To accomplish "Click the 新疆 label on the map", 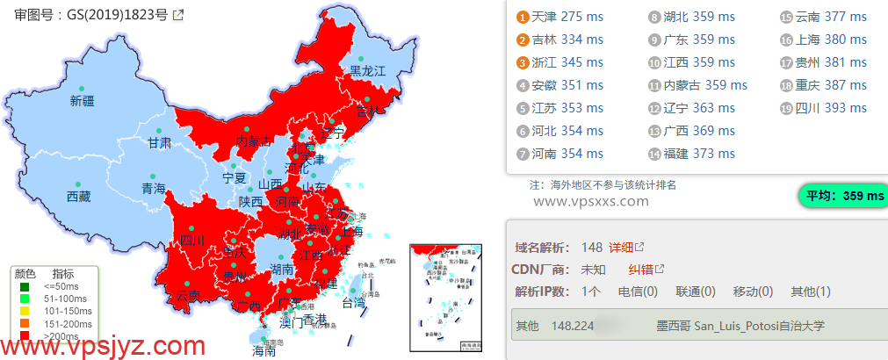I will pyautogui.click(x=82, y=101).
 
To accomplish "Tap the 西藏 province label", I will pyautogui.click(x=78, y=196).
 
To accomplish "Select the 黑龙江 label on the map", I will pyautogui.click(x=368, y=71).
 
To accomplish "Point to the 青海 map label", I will pyautogui.click(x=154, y=188).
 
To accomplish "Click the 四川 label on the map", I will pyautogui.click(x=191, y=240).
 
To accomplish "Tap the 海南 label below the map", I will pyautogui.click(x=264, y=351).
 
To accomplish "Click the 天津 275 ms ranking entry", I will pyautogui.click(x=567, y=17).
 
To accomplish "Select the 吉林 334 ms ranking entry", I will pyautogui.click(x=567, y=40).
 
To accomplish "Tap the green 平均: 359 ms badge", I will pyautogui.click(x=841, y=196).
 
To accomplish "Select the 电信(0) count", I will pyautogui.click(x=639, y=292).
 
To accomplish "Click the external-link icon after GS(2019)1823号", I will pyautogui.click(x=179, y=14).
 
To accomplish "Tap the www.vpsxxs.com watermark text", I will pyautogui.click(x=590, y=201).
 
